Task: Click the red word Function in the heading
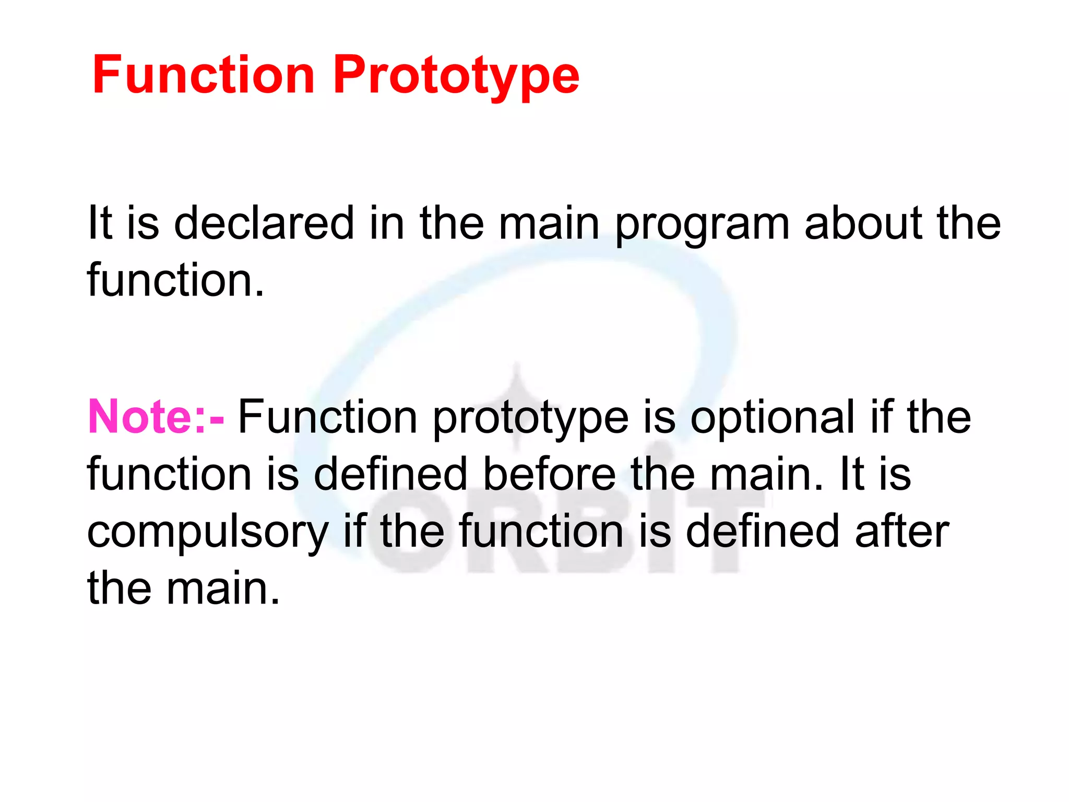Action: (203, 75)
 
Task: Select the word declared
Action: (264, 223)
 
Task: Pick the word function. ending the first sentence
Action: (175, 280)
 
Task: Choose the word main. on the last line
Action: (223, 588)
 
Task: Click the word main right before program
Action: (549, 223)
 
